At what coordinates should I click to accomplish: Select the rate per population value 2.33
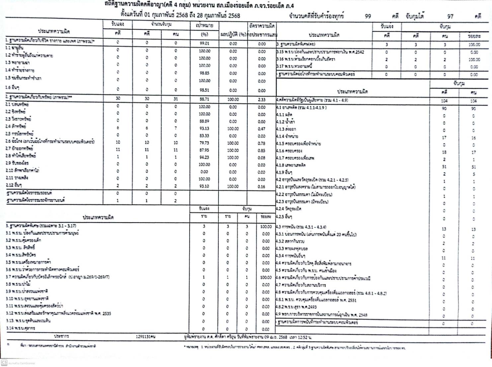pos(262,99)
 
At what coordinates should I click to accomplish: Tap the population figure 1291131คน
pos(145,337)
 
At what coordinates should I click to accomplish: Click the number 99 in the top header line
pos(368,16)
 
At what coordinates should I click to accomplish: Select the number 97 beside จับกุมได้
pos(450,16)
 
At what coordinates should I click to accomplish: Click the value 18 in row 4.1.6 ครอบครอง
pos(444,152)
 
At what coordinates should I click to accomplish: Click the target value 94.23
pos(205,157)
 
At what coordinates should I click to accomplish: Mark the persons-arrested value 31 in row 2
pos(176,99)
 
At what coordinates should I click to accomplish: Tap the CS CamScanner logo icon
pos(4,362)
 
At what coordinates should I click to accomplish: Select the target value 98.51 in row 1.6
pos(205,90)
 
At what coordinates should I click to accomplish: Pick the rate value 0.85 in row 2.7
pos(262,150)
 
